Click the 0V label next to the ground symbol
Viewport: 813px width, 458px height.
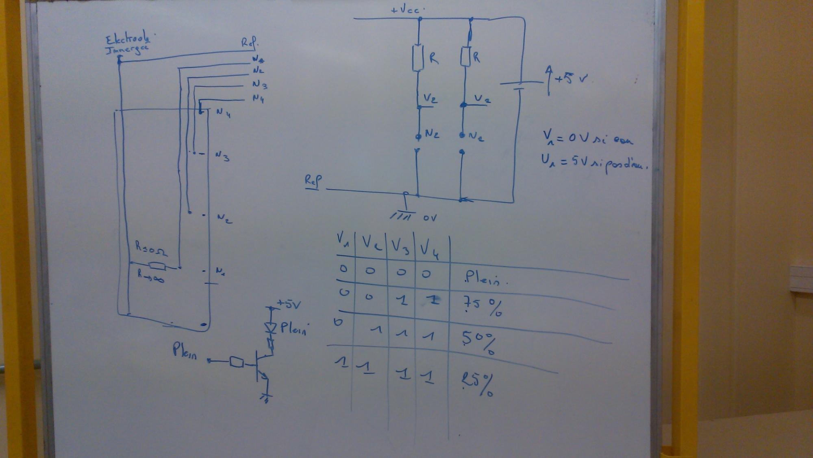click(x=430, y=218)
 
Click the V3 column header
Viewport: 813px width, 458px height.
click(x=400, y=246)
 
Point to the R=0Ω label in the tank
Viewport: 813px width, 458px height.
click(x=150, y=248)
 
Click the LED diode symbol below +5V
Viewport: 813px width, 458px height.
click(x=270, y=327)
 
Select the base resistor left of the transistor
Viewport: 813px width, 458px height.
click(x=236, y=362)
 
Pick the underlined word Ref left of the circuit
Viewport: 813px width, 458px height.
click(x=313, y=182)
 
